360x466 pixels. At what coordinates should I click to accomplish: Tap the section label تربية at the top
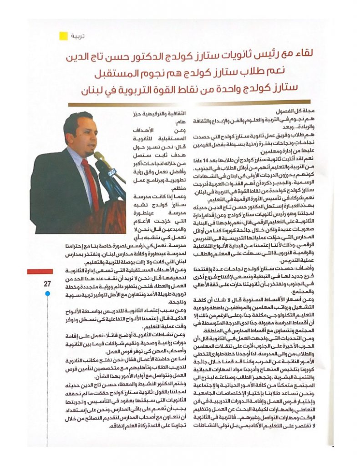(x=77, y=35)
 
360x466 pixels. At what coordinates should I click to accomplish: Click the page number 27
(x=47, y=284)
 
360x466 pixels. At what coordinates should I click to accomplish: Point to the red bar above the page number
(x=40, y=272)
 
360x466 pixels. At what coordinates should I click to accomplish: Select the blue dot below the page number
(x=47, y=294)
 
